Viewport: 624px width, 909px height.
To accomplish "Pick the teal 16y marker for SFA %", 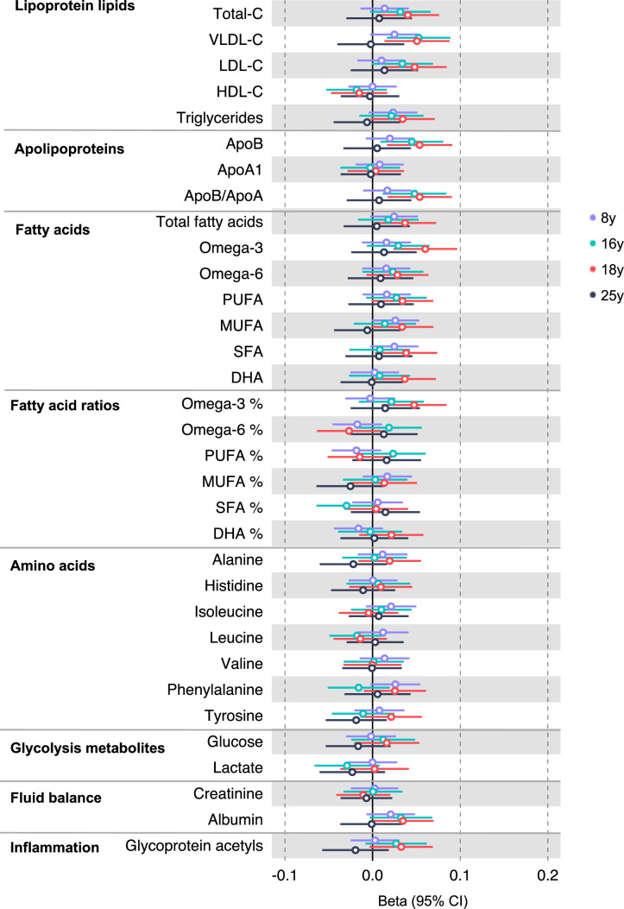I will pos(346,505).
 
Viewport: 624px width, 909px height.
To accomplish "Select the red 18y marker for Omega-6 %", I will pos(349,430).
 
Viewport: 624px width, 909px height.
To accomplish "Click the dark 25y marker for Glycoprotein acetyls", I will pos(355,849).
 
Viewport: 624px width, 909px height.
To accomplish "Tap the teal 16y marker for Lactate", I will pos(347,766).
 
